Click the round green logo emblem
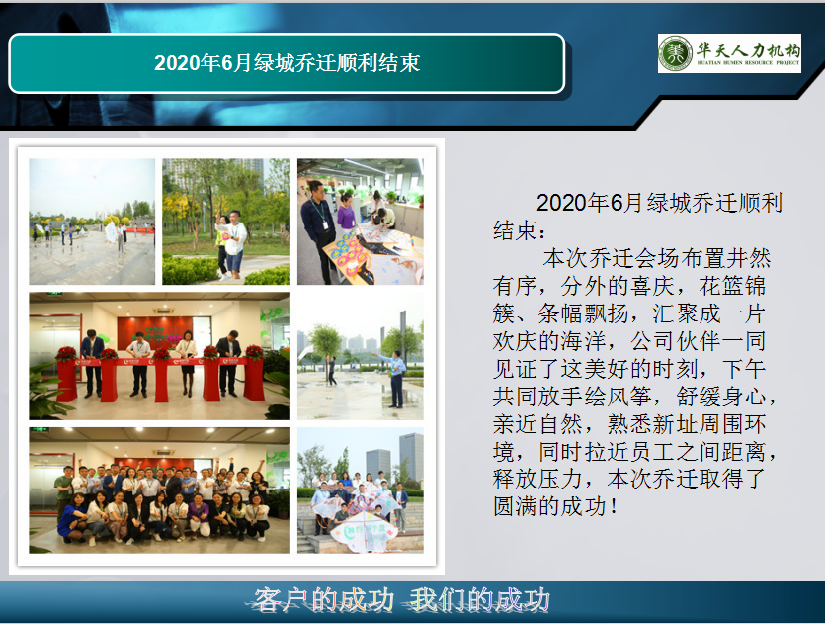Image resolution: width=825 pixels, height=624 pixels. click(675, 53)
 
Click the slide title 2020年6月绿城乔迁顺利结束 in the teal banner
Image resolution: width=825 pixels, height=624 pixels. click(287, 63)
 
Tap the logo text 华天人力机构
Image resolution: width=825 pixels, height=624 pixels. click(748, 50)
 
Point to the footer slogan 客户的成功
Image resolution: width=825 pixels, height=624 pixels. click(324, 600)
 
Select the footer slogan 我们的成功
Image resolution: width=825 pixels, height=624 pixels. click(480, 600)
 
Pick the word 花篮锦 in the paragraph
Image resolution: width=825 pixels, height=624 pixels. click(732, 286)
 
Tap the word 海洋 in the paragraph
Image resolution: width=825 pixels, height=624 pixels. click(583, 341)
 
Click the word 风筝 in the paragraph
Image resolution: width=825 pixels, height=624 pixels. click(629, 396)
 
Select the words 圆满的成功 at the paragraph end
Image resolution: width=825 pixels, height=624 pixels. click(549, 506)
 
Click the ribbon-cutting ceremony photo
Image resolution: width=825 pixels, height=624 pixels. click(159, 356)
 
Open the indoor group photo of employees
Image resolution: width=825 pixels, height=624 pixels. click(159, 490)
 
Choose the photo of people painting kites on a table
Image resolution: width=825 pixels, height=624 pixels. click(361, 222)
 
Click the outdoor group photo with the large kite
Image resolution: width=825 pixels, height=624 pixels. click(361, 490)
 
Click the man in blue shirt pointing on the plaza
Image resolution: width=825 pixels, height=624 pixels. click(395, 378)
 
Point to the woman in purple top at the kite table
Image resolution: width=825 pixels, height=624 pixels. click(346, 213)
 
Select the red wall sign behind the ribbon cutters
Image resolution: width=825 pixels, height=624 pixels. click(155, 333)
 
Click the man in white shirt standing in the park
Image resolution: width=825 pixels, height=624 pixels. click(234, 243)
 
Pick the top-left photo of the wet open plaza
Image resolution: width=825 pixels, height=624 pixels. click(92, 222)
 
